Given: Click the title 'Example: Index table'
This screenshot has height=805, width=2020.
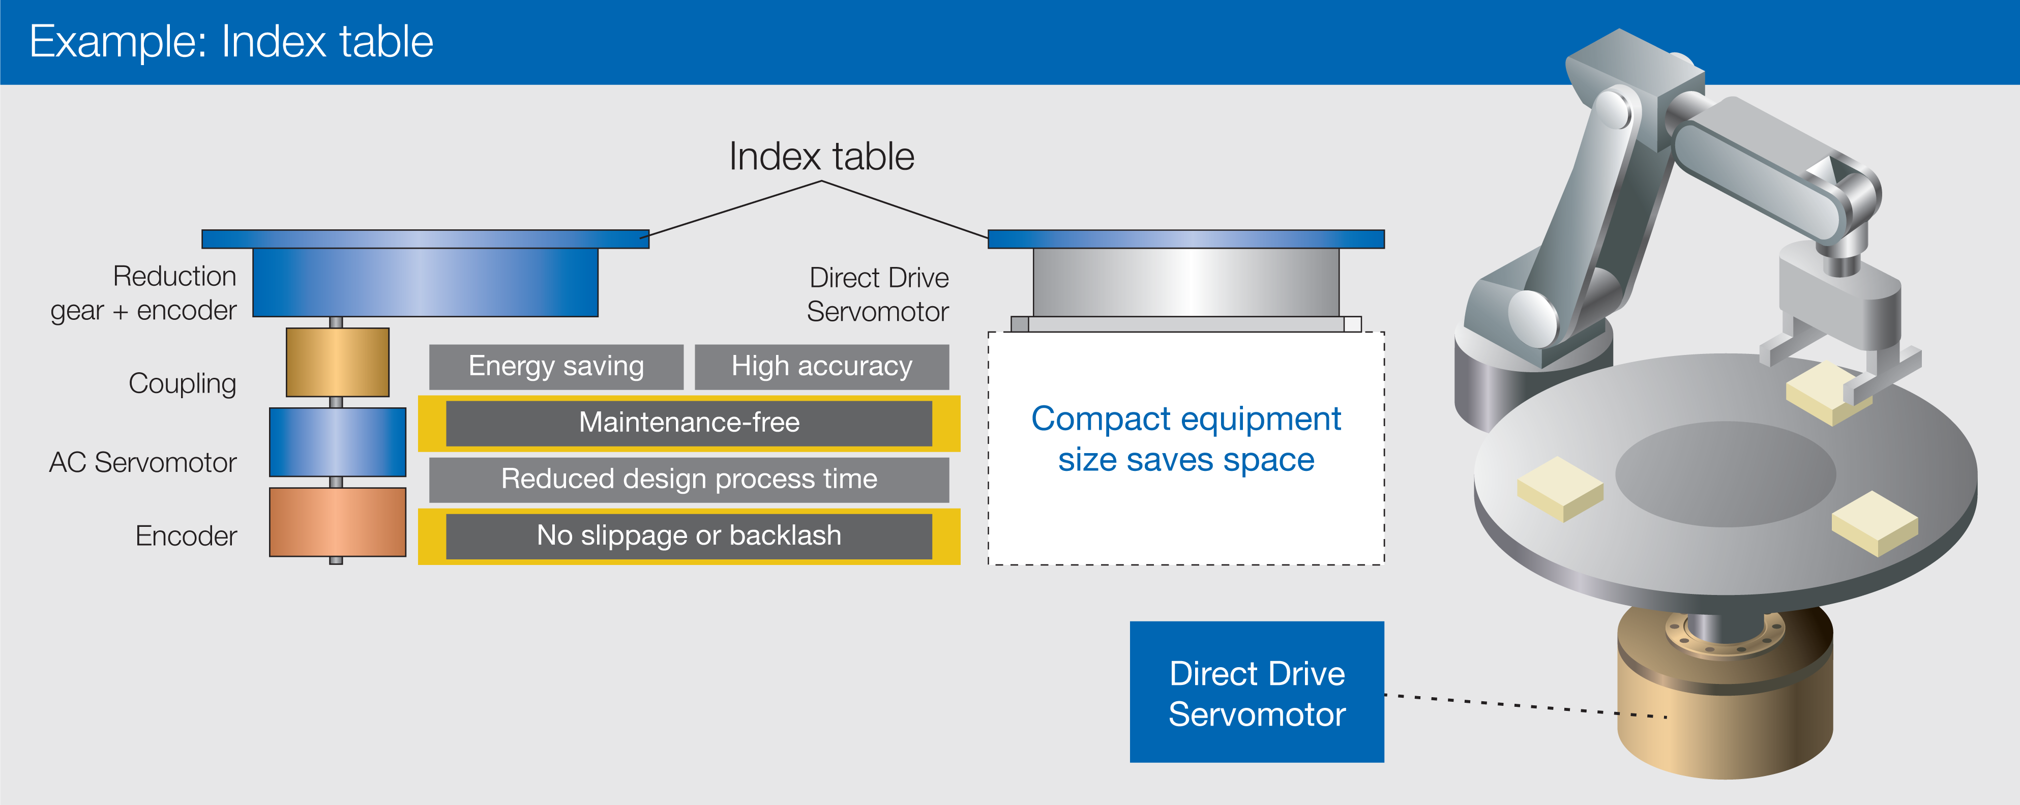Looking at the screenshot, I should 231,42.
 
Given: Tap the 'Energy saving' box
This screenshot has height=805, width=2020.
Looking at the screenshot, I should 556,367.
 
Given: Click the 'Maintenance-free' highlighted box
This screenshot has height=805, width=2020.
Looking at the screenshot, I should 689,423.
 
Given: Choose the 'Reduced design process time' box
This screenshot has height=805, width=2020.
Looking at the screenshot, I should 689,480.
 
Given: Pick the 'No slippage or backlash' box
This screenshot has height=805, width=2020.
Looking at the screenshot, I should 689,536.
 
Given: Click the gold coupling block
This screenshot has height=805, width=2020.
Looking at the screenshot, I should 337,362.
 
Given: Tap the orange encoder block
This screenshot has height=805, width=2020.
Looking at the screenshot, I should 337,522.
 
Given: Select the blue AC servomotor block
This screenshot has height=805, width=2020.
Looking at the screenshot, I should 337,442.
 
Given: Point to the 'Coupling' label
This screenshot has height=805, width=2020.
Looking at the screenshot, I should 182,384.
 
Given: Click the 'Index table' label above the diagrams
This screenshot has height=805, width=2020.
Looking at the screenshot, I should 821,157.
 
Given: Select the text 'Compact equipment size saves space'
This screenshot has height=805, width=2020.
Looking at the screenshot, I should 1185,439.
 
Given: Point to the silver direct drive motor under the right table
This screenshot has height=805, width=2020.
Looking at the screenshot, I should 1185,282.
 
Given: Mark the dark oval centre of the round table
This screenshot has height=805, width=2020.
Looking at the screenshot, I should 1725,474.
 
